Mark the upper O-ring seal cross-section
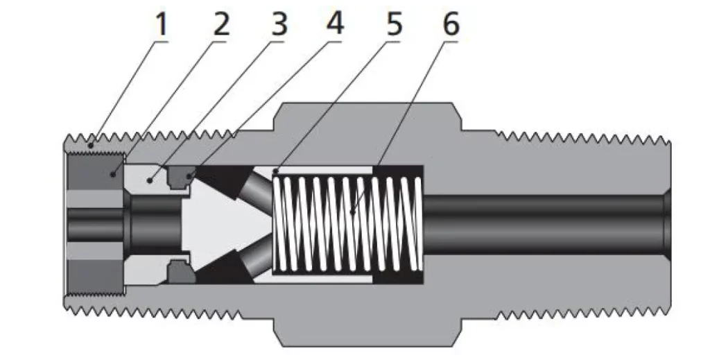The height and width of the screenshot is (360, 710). tap(181, 178)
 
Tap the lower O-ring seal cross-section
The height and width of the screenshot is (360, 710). tap(181, 268)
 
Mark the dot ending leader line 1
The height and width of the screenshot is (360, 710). tap(90, 145)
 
